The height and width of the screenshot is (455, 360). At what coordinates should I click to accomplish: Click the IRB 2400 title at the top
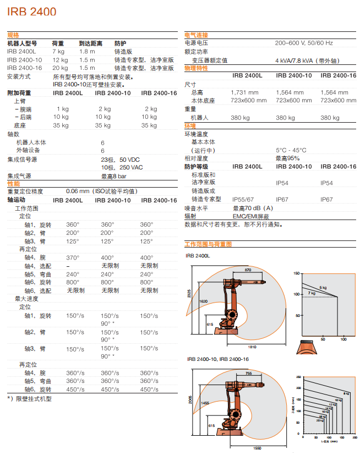(32, 11)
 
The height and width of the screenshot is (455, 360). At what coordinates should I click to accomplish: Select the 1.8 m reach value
(87, 51)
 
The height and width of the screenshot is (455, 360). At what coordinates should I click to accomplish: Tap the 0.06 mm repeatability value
(77, 191)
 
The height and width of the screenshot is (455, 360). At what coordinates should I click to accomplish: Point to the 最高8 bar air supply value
(113, 176)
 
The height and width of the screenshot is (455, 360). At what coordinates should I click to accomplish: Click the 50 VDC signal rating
(130, 160)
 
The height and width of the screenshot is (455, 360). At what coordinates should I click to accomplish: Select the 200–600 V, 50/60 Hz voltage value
(304, 43)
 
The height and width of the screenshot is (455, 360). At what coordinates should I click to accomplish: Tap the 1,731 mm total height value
(244, 92)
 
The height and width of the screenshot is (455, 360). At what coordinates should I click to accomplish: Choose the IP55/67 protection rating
(243, 200)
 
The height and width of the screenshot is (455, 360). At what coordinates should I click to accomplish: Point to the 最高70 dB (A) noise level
(253, 208)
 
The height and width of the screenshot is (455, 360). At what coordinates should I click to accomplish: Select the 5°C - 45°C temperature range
(291, 150)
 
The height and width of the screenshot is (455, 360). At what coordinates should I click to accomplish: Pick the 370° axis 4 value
(73, 257)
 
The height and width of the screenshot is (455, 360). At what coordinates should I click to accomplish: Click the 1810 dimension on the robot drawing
(252, 347)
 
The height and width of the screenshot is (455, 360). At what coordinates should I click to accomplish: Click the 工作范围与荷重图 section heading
(208, 243)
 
